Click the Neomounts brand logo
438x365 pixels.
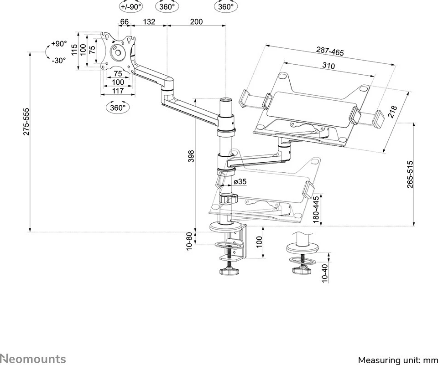click(33, 359)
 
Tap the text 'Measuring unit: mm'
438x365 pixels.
click(397, 360)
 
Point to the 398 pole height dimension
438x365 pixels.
click(191, 156)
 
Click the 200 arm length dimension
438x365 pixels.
click(196, 22)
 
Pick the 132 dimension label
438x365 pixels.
click(149, 22)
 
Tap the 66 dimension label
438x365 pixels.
click(124, 22)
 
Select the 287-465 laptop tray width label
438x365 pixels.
click(330, 51)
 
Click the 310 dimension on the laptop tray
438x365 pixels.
click(328, 66)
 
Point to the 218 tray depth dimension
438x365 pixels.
click(392, 112)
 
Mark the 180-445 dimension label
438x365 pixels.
click(316, 209)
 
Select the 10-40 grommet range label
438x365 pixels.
click(324, 273)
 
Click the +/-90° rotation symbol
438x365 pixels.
click(130, 7)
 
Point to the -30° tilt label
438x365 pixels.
click(58, 60)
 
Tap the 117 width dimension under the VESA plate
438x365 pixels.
click(118, 91)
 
